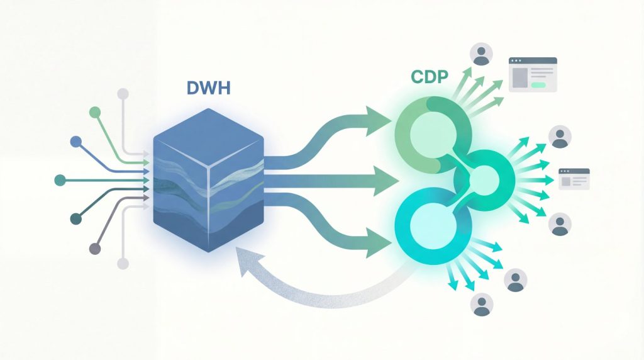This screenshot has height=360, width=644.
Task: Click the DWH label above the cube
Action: click(209, 88)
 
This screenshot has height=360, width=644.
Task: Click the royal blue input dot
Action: click(76, 142)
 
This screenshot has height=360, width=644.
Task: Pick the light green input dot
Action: click(95, 113)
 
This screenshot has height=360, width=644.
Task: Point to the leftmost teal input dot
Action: click(60, 179)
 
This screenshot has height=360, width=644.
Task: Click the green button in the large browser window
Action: click(539, 84)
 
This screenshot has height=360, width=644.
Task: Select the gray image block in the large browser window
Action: click(520, 77)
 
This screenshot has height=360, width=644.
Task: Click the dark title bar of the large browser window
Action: click(533, 60)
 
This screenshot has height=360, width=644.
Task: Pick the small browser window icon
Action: click(574, 179)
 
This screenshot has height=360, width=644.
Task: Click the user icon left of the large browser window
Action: click(482, 54)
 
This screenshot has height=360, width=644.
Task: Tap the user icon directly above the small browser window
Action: click(560, 137)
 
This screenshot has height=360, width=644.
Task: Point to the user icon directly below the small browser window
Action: click(560, 223)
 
